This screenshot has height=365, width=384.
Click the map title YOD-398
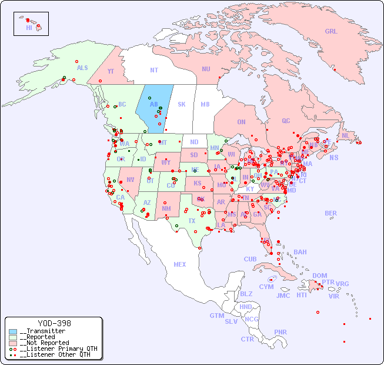[x=54, y=323]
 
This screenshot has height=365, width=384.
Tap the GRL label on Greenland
[x=331, y=31]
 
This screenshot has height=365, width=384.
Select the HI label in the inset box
[x=29, y=28]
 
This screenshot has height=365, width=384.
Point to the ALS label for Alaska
[x=82, y=68]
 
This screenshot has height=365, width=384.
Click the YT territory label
[x=111, y=71]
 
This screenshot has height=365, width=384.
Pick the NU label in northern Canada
[x=206, y=69]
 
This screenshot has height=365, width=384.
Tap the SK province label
[x=182, y=104]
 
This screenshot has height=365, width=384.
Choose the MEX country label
[x=180, y=264]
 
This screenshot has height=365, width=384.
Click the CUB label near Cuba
[x=250, y=259]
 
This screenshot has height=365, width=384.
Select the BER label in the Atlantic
[x=331, y=213]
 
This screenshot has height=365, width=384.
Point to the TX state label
[x=192, y=221]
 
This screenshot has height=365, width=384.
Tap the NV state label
[x=130, y=180]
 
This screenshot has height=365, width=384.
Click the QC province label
[x=286, y=121]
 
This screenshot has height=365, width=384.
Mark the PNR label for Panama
[x=281, y=332]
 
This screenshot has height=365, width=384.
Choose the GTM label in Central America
[x=216, y=316]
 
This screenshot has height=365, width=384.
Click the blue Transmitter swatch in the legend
[x=13, y=331]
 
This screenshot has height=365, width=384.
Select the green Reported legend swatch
[x=13, y=337]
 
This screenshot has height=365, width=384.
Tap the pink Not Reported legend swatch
[x=13, y=343]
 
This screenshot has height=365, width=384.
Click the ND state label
[x=194, y=142]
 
